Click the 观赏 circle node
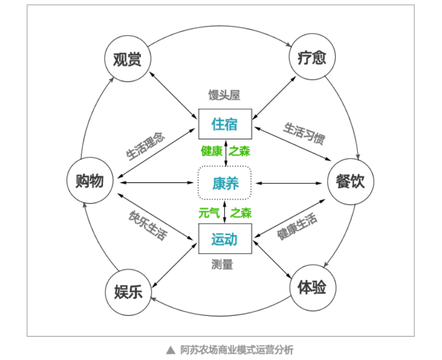(128, 59)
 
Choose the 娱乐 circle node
(128, 292)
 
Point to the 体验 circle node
(313, 289)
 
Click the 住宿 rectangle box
(224, 124)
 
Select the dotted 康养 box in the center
(225, 184)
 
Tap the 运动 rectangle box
(224, 240)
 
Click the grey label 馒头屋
(224, 95)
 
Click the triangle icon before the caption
(170, 349)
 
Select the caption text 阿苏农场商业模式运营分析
(237, 349)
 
